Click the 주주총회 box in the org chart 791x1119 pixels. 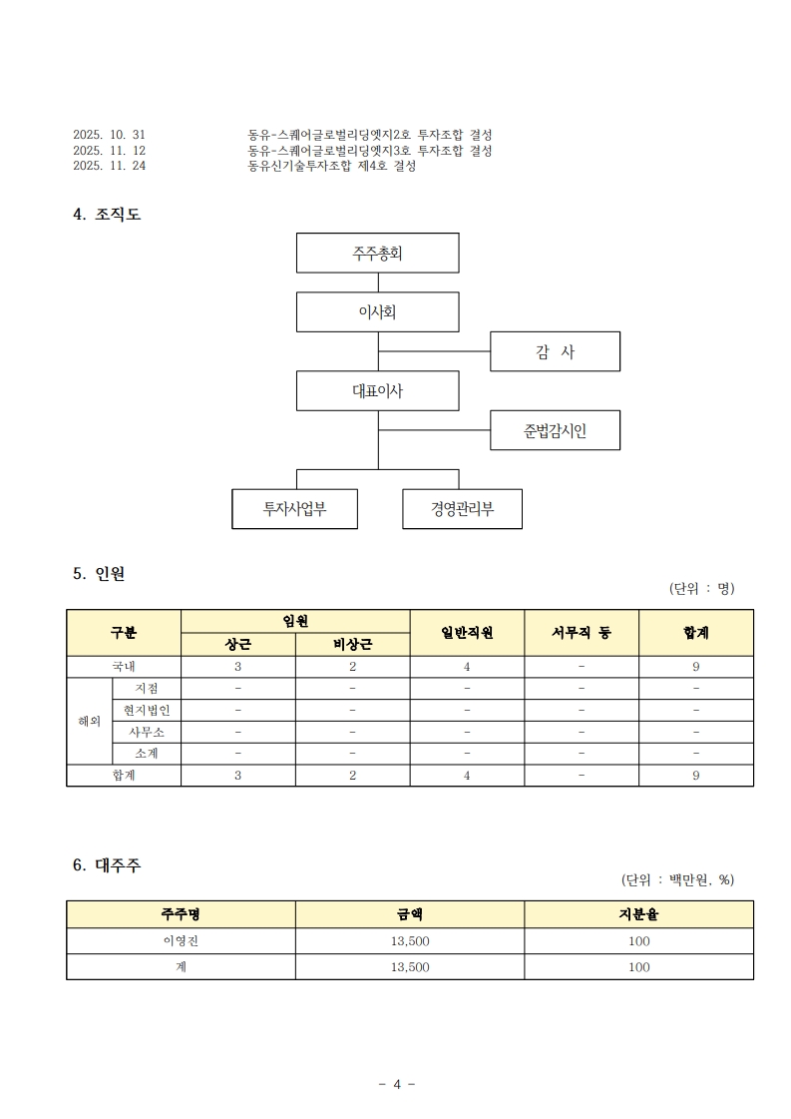[x=377, y=253]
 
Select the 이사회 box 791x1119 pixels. [x=377, y=311]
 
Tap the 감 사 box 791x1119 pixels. [x=555, y=351]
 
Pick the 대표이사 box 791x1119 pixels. [x=377, y=390]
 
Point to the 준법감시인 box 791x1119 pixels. [x=555, y=430]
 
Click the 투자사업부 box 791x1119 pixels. [x=294, y=509]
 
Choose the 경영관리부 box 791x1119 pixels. [x=462, y=509]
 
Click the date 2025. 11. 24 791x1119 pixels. [x=109, y=166]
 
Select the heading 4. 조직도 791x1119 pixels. [x=107, y=214]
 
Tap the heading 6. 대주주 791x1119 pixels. [x=107, y=864]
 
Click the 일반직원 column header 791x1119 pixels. [x=467, y=632]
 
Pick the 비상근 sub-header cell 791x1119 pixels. [x=352, y=645]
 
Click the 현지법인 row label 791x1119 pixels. [x=147, y=710]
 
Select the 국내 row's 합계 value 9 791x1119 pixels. [x=696, y=667]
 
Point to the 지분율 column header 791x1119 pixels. [x=639, y=914]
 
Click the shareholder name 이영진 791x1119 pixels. [x=182, y=940]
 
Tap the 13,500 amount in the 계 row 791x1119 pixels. [x=410, y=967]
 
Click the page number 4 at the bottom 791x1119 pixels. [x=397, y=1084]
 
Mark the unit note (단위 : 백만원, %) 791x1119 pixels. [x=677, y=880]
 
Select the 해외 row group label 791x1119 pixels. [x=89, y=721]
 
